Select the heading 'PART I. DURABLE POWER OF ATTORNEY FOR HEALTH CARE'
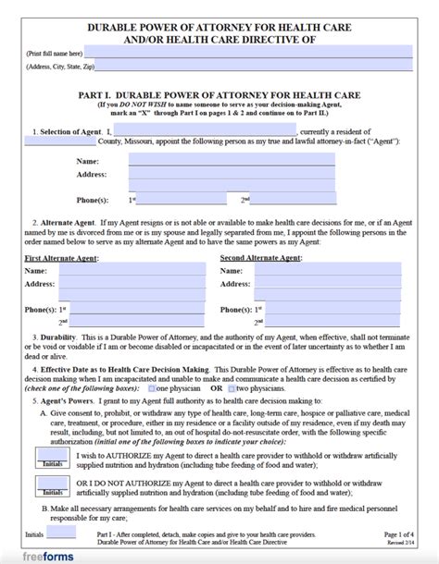point(219,95)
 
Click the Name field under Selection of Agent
point(232,159)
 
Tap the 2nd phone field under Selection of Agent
point(293,199)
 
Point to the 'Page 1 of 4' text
point(400,534)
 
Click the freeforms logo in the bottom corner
point(37,556)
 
